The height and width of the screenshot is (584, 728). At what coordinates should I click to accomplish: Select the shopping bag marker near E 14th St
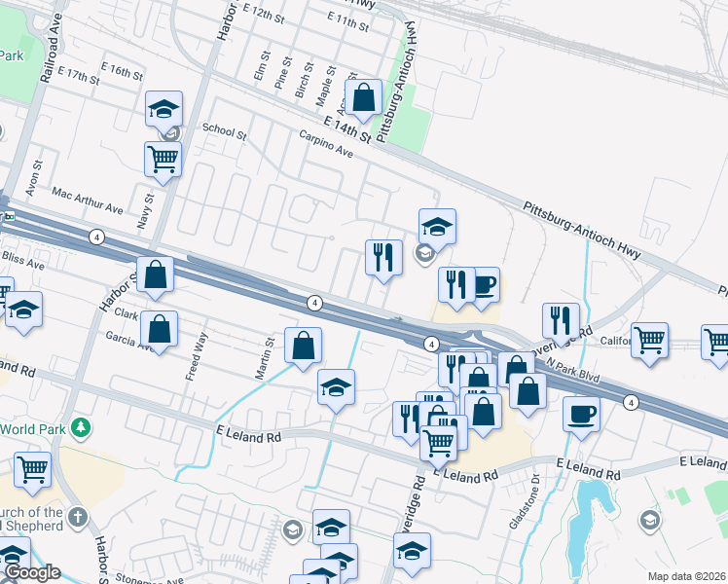coord(364,97)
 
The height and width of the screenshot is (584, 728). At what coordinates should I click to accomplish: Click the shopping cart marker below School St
coord(163,158)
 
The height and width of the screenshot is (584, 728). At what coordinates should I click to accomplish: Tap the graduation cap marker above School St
coord(164,108)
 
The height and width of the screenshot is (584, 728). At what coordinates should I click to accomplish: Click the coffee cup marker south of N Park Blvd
coord(581,414)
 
